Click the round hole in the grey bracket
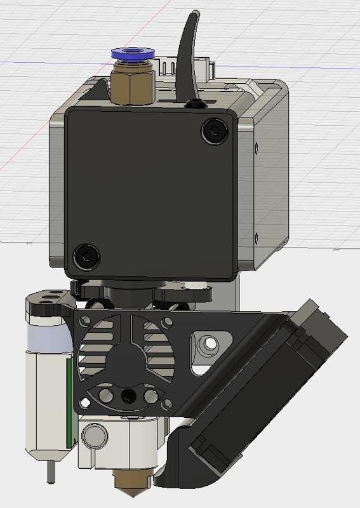pyautogui.click(x=207, y=345)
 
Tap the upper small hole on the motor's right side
pyautogui.click(x=257, y=150)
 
